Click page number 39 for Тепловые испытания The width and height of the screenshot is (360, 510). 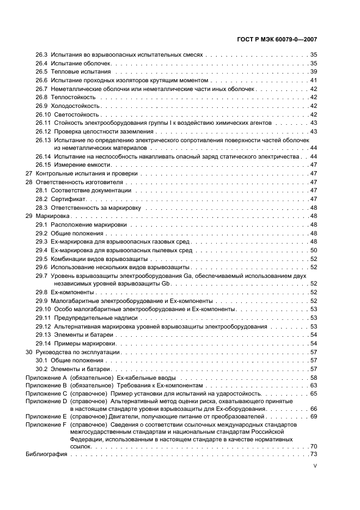pos(314,71)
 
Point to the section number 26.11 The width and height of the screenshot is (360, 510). pos(44,123)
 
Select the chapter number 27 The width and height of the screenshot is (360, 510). pos(29,173)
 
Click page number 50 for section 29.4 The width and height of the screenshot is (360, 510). pos(314,250)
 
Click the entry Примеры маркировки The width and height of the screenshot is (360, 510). pos(84,343)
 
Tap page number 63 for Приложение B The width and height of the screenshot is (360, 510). pos(314,385)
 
